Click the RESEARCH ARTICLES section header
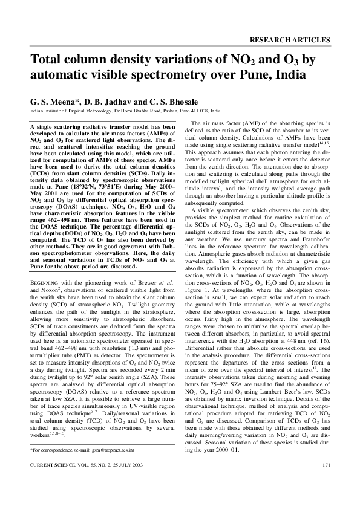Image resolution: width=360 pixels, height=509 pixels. pyautogui.click(x=289, y=40)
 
